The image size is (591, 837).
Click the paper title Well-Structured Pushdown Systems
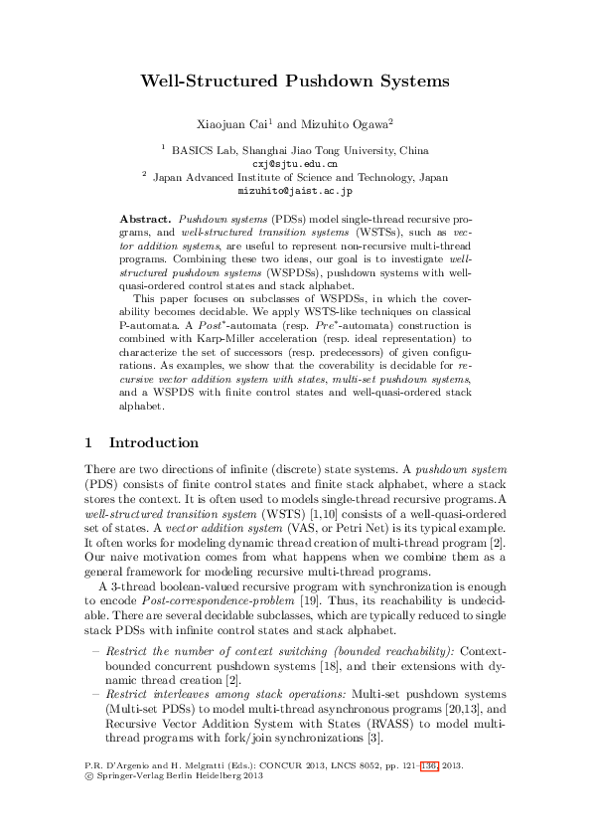(x=295, y=81)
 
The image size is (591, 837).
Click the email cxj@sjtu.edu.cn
(x=294, y=162)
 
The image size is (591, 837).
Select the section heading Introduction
(x=153, y=442)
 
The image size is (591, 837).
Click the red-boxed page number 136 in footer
(x=428, y=766)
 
